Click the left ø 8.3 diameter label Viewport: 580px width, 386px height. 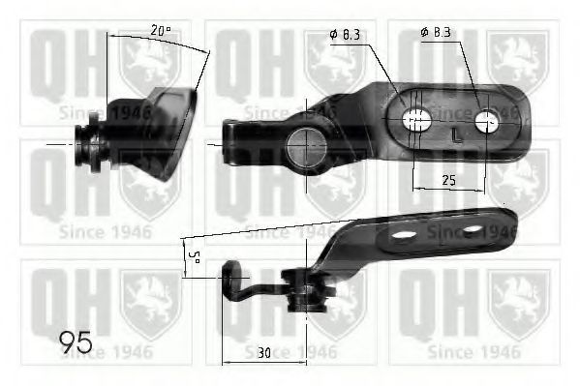(346, 35)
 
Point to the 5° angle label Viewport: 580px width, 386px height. (193, 258)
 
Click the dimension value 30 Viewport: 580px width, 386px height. (264, 353)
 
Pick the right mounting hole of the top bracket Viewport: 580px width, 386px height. (488, 120)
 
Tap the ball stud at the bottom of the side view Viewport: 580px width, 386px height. (306, 293)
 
